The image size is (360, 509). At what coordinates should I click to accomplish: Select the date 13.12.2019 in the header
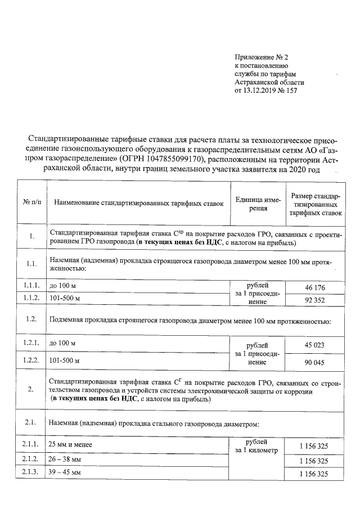262,90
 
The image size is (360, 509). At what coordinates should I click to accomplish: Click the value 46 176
315,287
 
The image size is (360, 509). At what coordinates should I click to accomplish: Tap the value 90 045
315,363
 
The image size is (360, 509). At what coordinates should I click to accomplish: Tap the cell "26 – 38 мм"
65,460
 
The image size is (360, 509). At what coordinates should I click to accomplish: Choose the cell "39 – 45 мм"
65,472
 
